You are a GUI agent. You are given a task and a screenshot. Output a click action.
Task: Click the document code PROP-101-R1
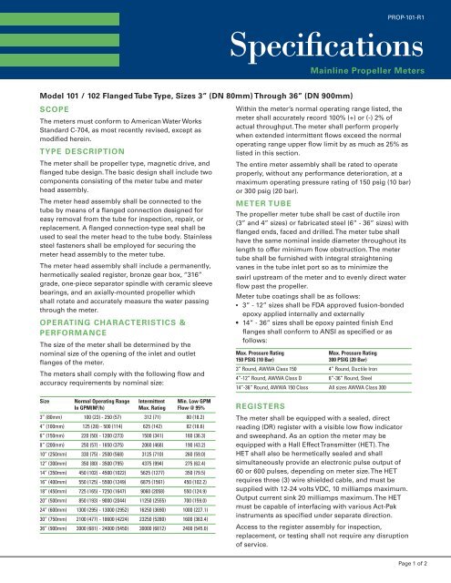[x=420, y=17]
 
